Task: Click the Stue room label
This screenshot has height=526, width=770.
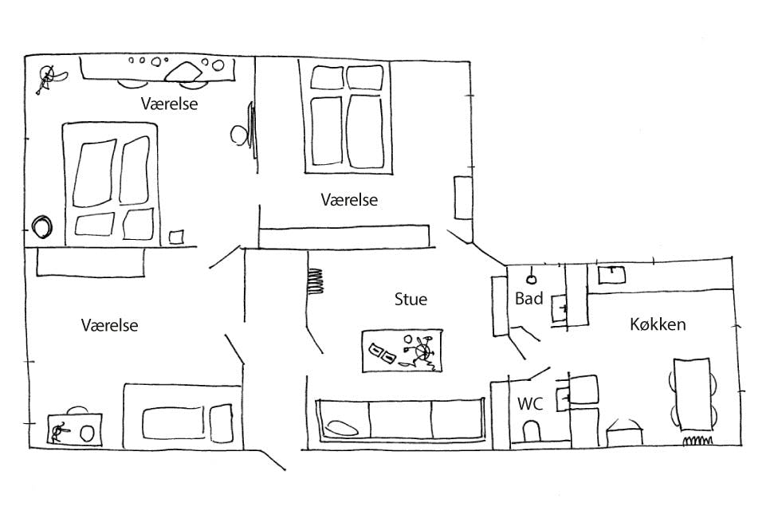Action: (411, 299)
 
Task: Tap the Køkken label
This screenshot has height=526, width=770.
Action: (658, 324)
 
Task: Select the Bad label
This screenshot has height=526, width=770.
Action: (529, 298)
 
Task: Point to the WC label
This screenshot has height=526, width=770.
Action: (530, 404)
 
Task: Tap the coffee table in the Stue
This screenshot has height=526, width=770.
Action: (403, 351)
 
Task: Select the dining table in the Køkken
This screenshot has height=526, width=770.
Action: (693, 394)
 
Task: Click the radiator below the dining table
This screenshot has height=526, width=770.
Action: (697, 441)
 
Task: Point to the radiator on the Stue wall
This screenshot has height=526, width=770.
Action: (316, 281)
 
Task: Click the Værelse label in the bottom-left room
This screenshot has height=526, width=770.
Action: (109, 325)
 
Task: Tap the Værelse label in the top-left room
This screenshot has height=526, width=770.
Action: (170, 104)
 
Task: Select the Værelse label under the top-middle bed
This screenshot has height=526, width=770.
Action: (349, 200)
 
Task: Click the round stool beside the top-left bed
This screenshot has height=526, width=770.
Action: (41, 227)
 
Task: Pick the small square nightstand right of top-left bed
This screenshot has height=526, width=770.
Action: (176, 237)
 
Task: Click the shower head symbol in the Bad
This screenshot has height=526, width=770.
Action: (531, 278)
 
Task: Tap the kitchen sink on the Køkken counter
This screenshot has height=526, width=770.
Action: (612, 275)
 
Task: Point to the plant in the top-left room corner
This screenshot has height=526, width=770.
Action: (49, 79)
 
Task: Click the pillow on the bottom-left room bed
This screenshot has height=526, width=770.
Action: (222, 423)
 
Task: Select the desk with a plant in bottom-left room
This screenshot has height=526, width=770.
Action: (75, 430)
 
